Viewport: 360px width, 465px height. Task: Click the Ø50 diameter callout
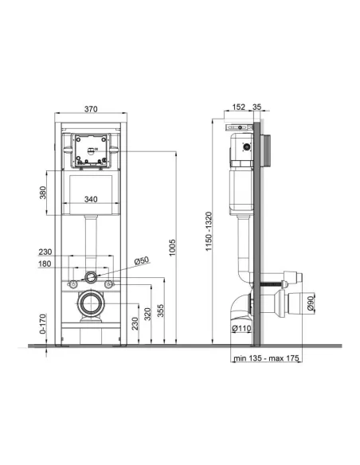(142, 260)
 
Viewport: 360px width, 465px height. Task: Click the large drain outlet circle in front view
(92, 305)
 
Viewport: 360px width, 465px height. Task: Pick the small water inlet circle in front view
(92, 277)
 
